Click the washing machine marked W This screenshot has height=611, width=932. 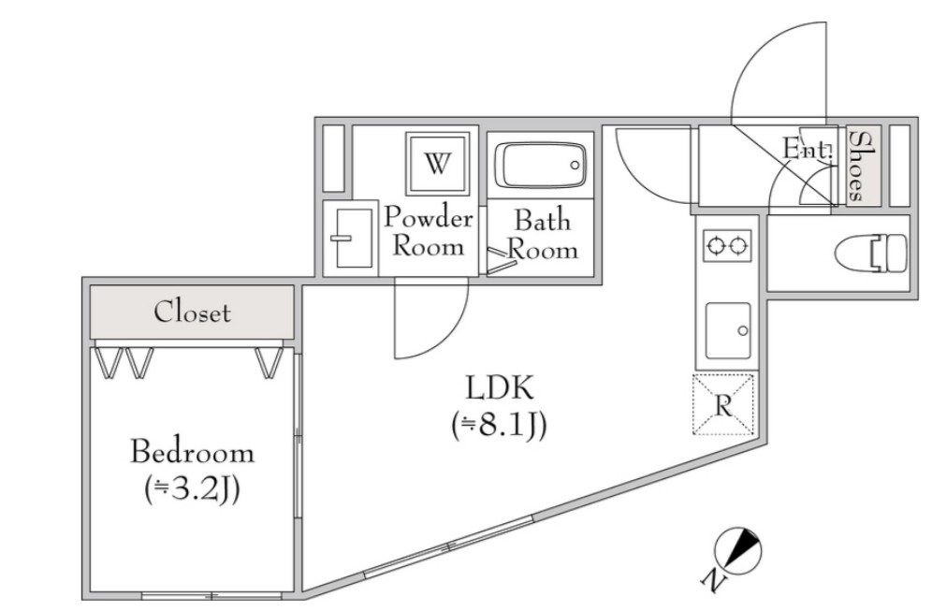point(437,163)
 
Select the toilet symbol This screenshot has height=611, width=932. point(871,253)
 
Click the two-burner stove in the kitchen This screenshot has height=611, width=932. point(727,245)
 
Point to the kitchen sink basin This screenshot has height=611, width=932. point(728,330)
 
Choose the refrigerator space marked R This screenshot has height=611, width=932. point(723,405)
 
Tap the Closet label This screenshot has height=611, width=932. point(192,312)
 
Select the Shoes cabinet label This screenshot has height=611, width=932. point(856,166)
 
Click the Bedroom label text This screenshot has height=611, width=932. point(192,452)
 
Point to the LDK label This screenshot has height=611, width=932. point(500,387)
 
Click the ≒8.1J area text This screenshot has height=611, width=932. point(499,426)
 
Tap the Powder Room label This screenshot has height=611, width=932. point(428,231)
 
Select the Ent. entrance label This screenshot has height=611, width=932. point(807,148)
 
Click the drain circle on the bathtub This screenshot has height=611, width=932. point(575,166)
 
